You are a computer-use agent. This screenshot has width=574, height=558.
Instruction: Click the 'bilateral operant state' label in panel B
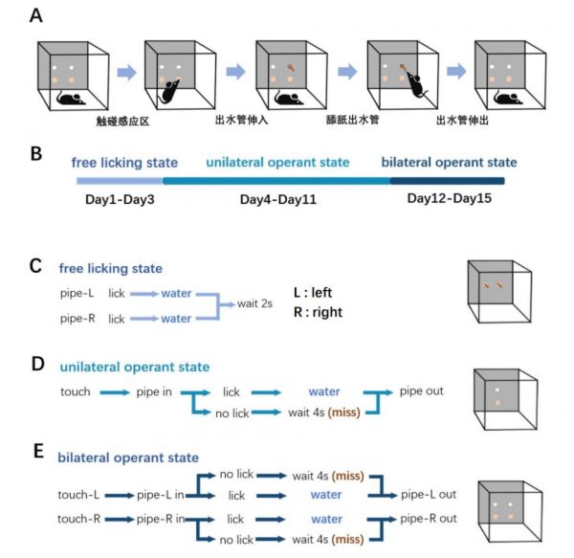449,163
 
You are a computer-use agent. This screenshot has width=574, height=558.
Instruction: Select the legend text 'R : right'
320,311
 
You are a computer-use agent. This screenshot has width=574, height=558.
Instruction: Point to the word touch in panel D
75,391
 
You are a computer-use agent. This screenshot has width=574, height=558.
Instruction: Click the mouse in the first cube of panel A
70,99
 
